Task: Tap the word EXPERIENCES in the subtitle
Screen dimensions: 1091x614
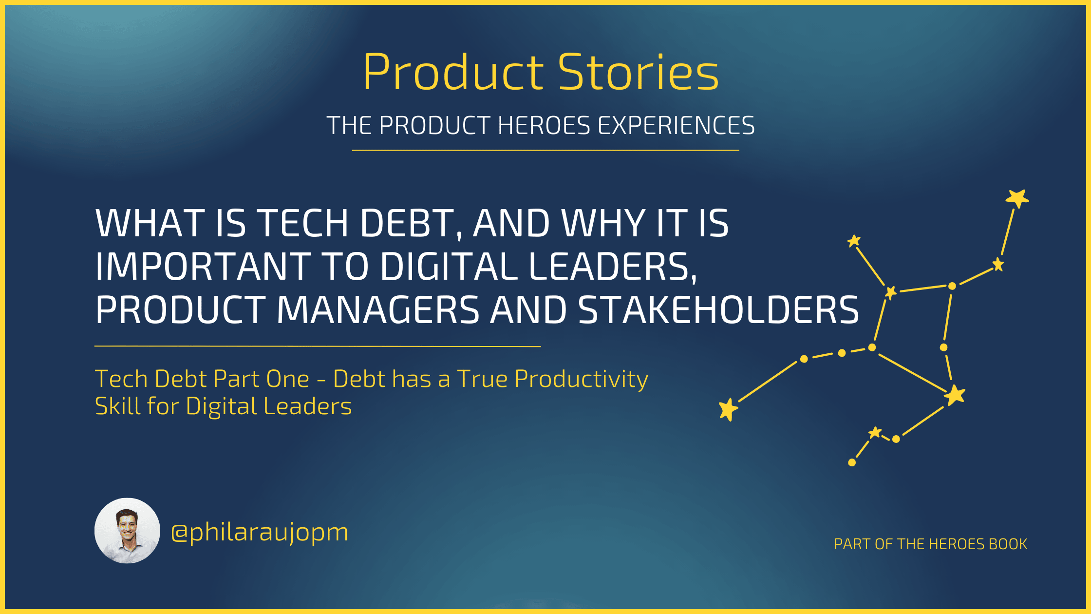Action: pos(677,126)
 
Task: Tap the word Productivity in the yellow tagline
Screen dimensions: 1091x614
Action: pos(582,380)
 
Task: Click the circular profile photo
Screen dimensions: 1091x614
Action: pos(127,531)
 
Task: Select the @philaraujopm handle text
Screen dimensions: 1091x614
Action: pos(260,532)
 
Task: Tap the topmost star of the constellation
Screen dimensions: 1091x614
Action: pos(1017,198)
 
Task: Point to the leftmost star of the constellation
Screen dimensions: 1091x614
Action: pos(729,409)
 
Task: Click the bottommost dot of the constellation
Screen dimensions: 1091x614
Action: pos(852,462)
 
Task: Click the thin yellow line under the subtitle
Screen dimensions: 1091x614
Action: pos(545,151)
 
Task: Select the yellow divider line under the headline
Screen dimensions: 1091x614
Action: pos(318,346)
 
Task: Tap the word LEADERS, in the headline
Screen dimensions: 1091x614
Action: pos(613,268)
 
